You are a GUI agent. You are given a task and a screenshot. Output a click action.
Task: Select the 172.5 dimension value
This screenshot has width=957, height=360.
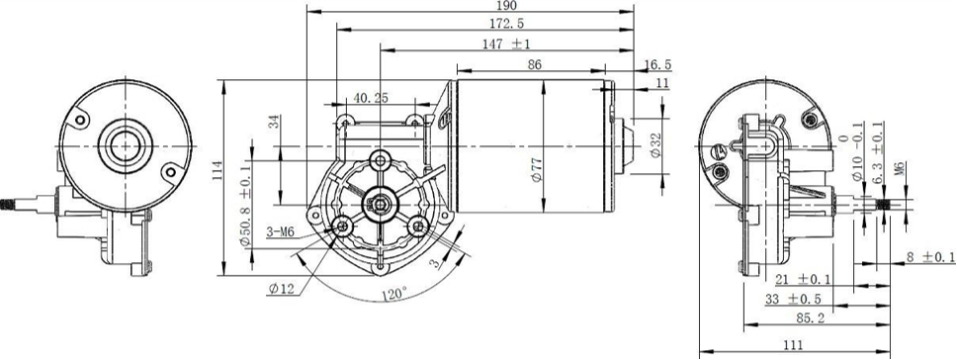[507, 24]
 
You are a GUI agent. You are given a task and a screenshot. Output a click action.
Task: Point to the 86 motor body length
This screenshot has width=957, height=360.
[535, 64]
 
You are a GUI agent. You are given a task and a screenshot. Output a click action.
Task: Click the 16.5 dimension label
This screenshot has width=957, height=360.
[657, 64]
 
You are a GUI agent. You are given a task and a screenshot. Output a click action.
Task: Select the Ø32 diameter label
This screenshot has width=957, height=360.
[655, 145]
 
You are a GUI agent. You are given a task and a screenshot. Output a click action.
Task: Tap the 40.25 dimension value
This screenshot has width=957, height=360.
[370, 98]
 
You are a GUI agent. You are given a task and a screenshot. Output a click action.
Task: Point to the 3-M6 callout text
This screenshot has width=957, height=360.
[281, 231]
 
